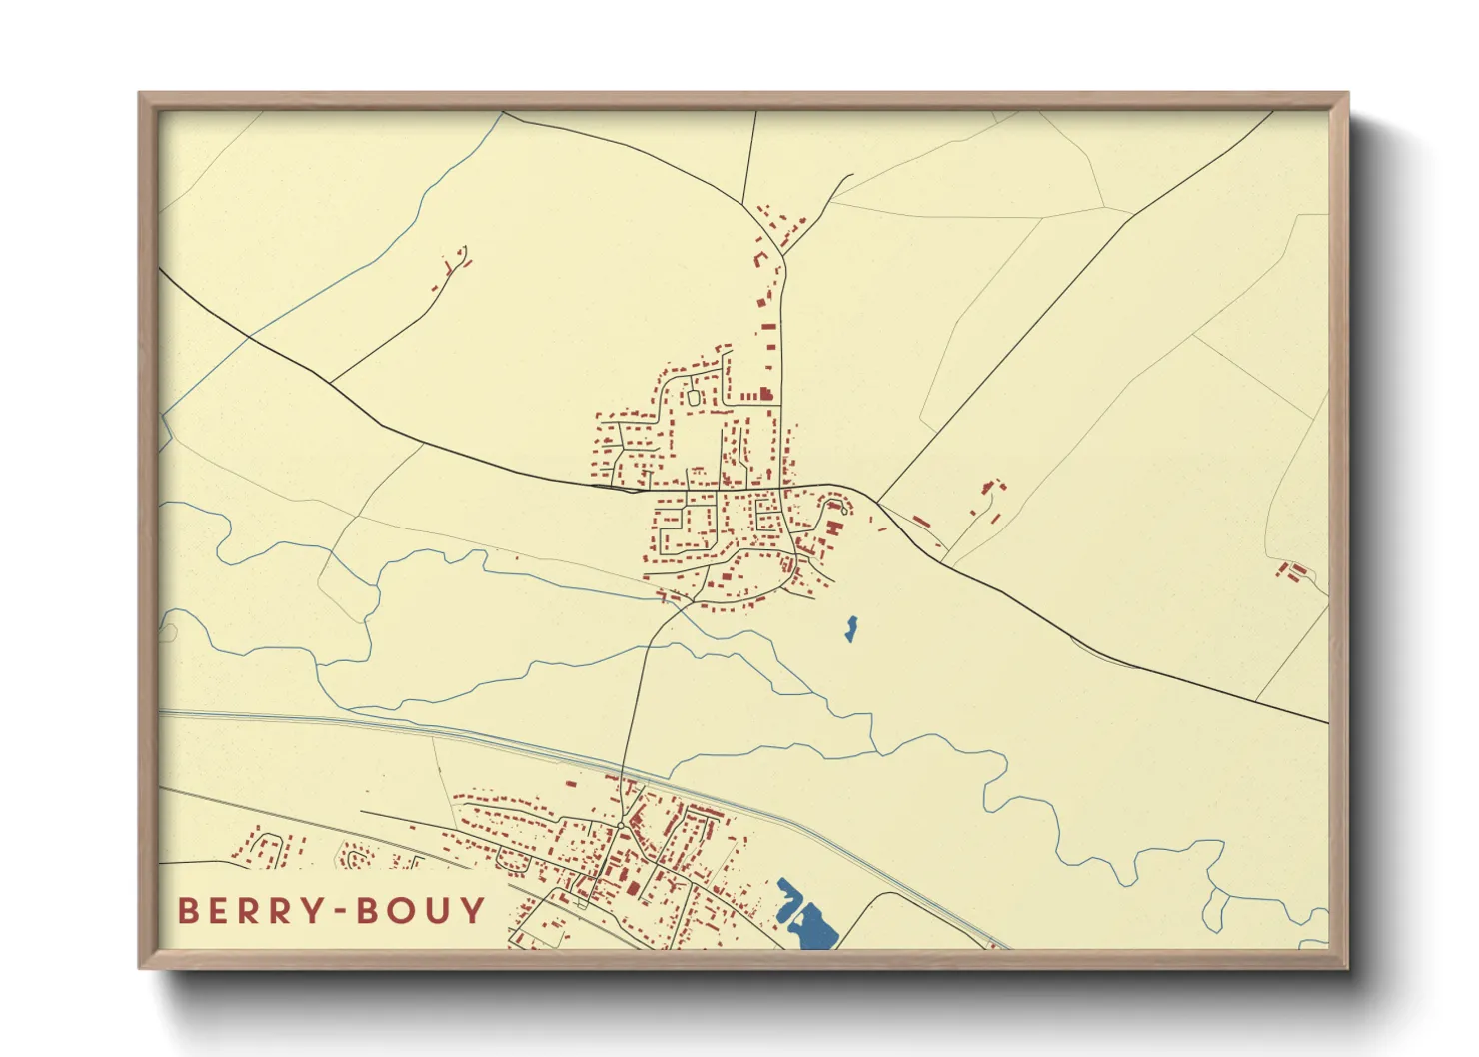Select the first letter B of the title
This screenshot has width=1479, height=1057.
188,910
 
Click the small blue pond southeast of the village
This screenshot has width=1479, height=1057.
850,628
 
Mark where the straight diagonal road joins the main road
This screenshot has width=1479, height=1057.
877,499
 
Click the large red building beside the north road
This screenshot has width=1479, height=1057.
765,394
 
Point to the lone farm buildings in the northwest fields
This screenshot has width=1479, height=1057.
452,267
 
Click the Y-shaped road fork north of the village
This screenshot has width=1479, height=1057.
783,256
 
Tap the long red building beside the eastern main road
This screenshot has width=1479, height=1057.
920,521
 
